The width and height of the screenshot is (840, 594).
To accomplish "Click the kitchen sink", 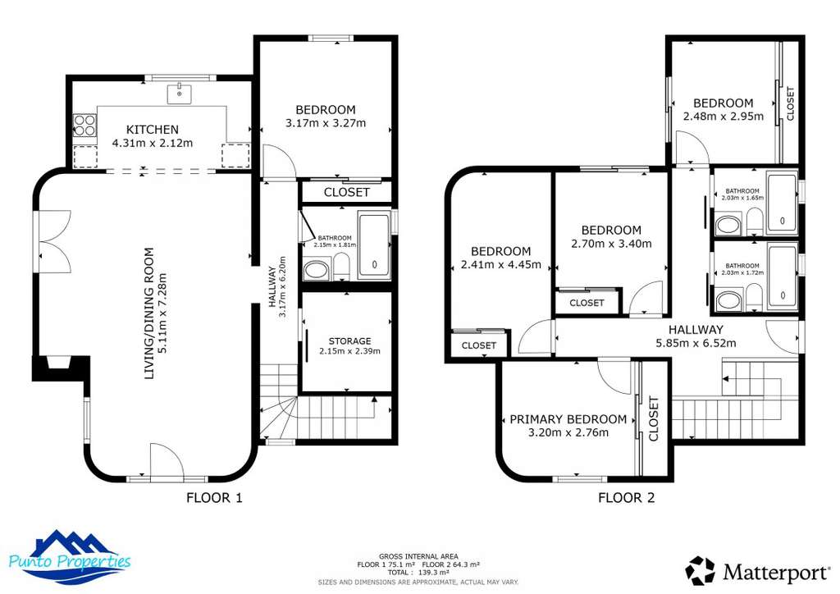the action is click(180, 94).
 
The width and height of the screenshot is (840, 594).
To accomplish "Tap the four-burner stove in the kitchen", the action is click(84, 126).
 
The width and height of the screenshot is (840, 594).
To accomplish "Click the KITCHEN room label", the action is click(152, 129).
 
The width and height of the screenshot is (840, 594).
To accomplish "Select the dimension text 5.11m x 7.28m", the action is click(163, 313).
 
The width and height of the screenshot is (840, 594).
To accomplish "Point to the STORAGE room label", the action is click(349, 341).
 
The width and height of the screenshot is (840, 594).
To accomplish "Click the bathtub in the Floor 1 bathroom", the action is click(374, 245).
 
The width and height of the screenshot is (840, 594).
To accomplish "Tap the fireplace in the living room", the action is click(60, 368).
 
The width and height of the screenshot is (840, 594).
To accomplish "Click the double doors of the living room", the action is click(55, 242).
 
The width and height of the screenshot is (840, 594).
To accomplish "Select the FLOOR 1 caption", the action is click(214, 498).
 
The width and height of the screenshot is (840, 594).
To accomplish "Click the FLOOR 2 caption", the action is click(626, 498).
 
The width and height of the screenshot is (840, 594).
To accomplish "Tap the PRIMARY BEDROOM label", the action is click(568, 419).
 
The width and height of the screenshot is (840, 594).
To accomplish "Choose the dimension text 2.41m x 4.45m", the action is click(501, 265).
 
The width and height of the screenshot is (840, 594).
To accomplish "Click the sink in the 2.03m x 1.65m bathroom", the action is click(728, 225).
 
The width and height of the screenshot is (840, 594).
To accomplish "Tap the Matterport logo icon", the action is click(700, 570).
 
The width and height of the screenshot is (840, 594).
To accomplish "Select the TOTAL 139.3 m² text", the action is click(418, 572).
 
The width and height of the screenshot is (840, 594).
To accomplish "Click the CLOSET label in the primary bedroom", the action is click(653, 419).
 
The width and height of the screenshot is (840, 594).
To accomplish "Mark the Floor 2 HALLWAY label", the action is click(696, 329).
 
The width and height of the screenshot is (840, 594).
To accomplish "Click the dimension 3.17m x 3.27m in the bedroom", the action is click(326, 123).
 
